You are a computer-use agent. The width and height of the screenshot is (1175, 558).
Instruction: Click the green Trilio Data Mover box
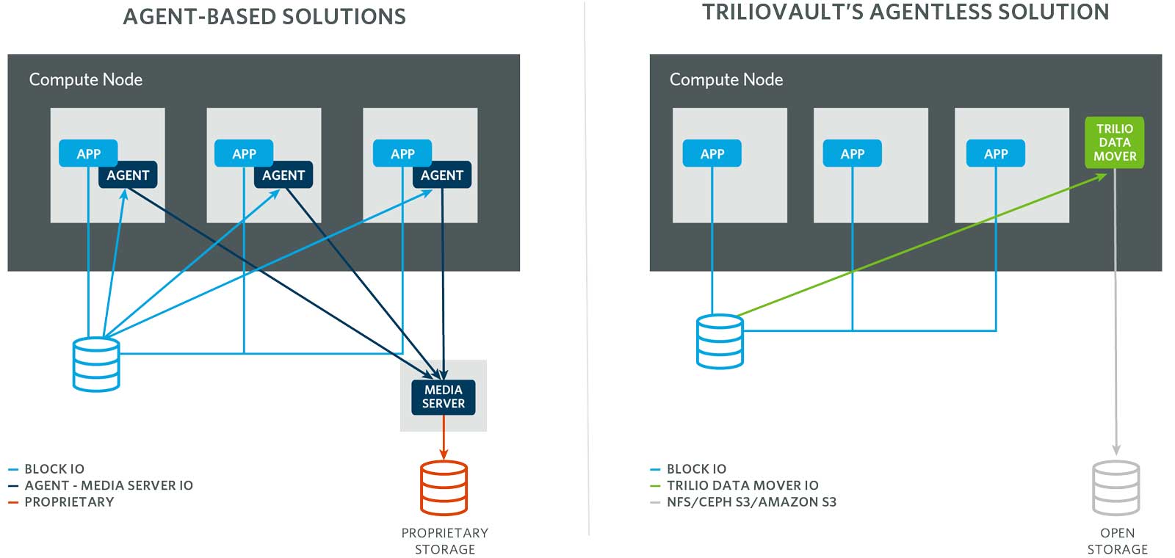(1114, 142)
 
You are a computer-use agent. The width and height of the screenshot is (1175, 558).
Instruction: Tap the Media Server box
(443, 396)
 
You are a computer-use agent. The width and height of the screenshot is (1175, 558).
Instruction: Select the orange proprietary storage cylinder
(444, 488)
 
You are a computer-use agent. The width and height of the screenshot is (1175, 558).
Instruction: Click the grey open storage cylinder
(1116, 488)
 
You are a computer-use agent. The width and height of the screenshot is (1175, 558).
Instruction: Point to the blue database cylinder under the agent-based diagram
(96, 364)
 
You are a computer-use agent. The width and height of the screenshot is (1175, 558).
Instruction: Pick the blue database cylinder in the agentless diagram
(720, 341)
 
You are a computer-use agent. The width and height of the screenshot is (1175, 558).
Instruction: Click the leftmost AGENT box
(128, 175)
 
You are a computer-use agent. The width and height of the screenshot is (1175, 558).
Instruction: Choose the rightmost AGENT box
(441, 175)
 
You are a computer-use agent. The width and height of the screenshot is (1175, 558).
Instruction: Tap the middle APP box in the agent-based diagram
(244, 153)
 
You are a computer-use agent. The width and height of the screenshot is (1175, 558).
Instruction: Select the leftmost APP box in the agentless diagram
(712, 153)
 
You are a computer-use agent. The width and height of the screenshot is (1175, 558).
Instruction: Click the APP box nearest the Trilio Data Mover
(996, 153)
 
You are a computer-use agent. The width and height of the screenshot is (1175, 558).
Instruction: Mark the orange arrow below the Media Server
(444, 444)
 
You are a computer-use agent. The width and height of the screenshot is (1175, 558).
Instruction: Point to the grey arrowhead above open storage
(1116, 449)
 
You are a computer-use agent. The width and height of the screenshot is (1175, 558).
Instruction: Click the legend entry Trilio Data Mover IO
(742, 485)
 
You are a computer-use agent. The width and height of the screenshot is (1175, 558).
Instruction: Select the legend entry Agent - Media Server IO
(108, 485)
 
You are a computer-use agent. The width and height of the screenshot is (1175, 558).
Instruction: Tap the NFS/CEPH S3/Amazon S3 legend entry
(751, 502)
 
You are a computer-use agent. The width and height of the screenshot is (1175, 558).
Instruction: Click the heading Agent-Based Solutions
(264, 17)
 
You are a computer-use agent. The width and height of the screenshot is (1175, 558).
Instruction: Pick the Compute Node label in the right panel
(726, 79)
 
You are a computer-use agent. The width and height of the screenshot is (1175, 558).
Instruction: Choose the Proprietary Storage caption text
(444, 541)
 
